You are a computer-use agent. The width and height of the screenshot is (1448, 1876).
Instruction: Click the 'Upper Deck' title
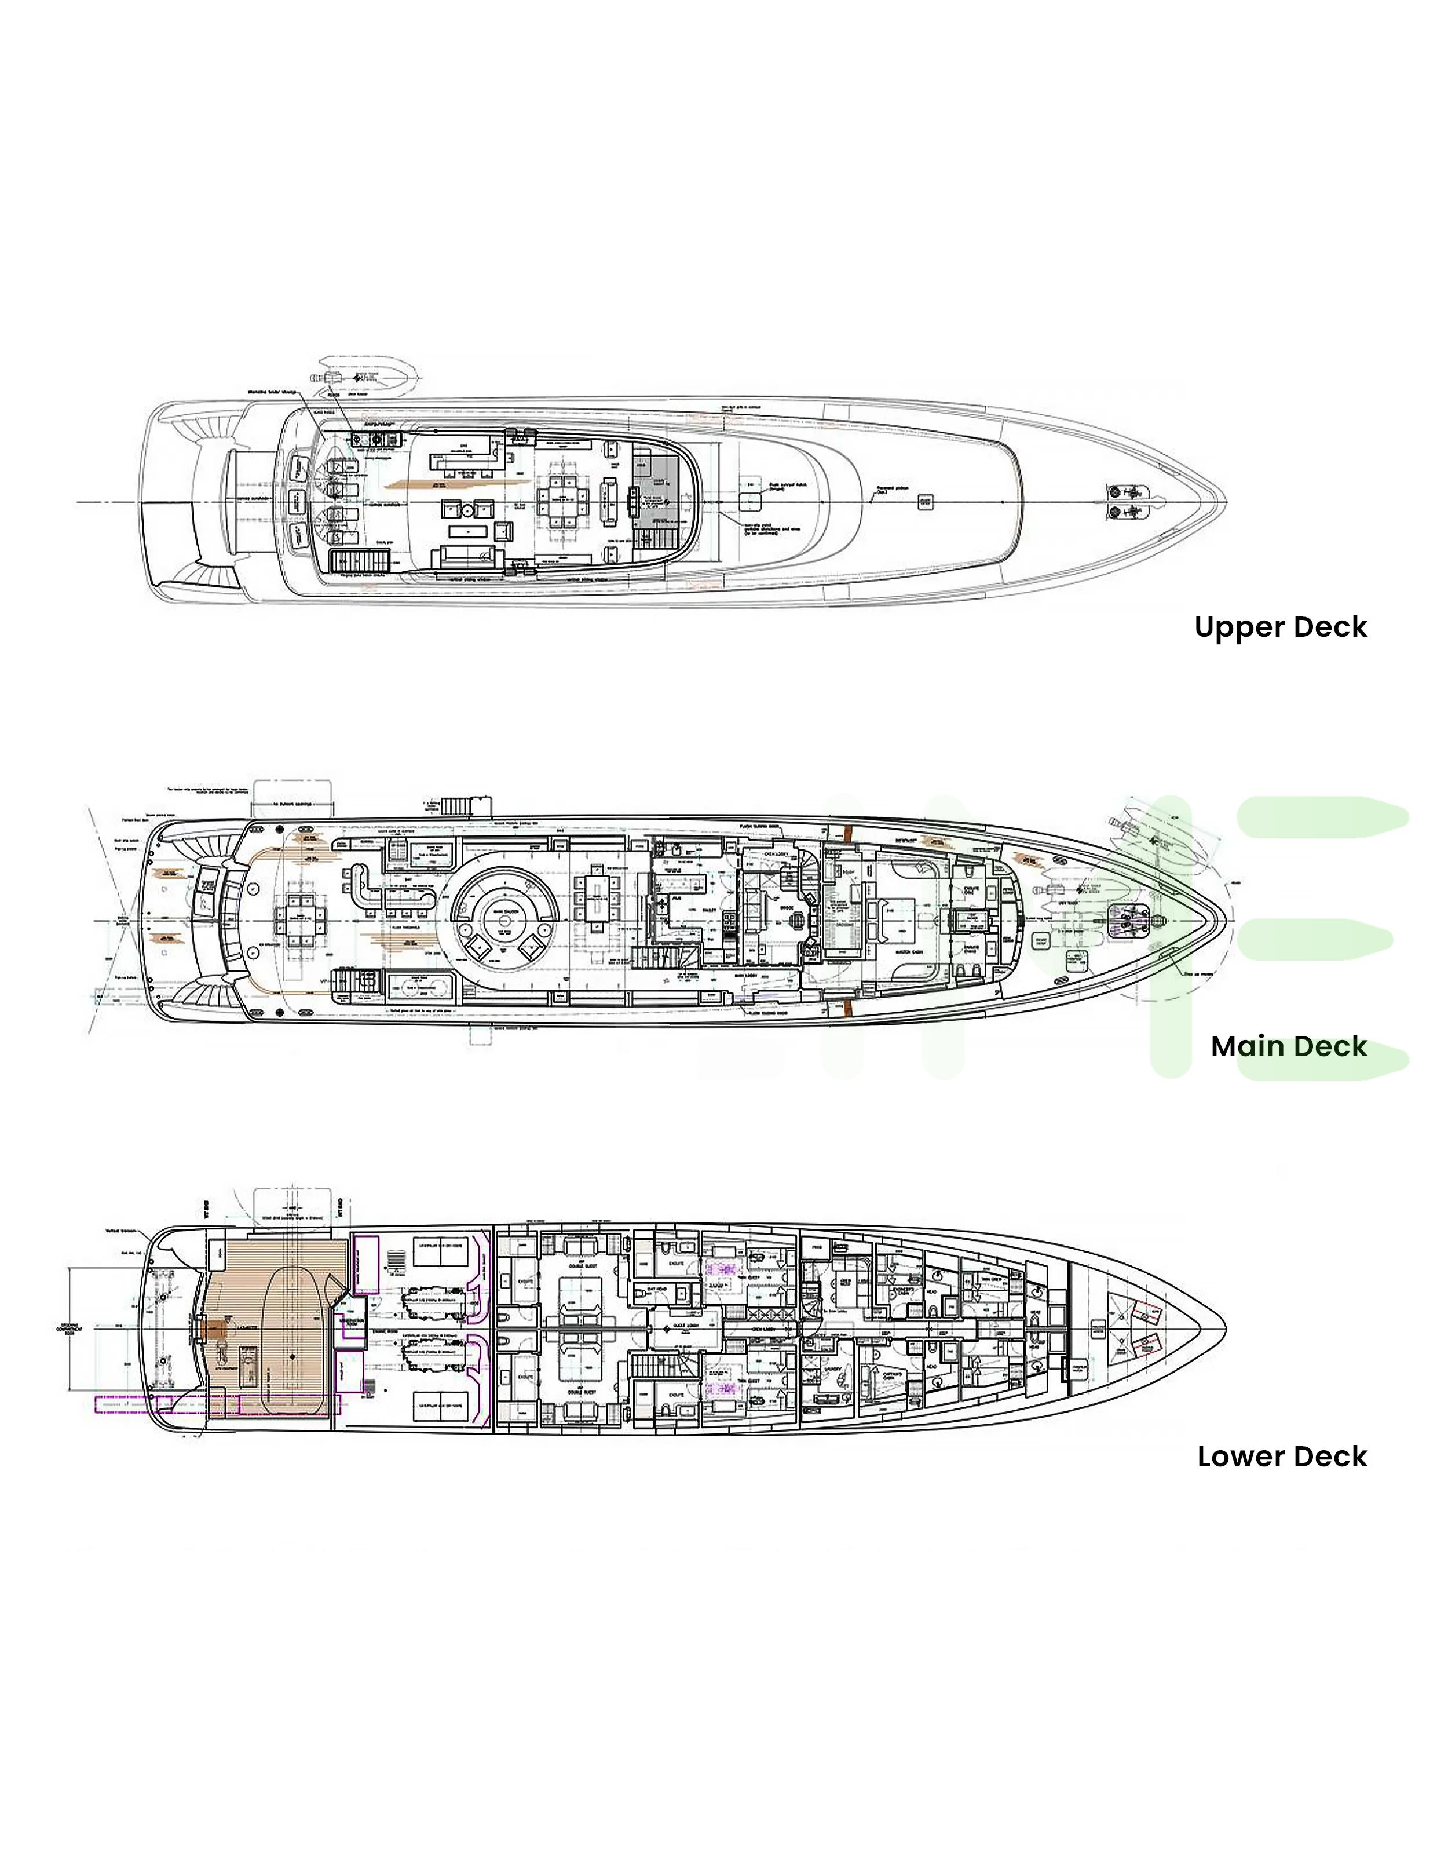1279,627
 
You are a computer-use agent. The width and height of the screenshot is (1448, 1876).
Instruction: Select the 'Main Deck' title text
1288,1046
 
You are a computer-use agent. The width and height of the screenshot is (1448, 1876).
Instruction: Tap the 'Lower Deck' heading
1281,1457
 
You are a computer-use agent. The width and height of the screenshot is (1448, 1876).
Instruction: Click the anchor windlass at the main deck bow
1129,921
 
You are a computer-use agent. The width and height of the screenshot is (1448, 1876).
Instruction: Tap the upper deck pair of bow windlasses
1125,502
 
